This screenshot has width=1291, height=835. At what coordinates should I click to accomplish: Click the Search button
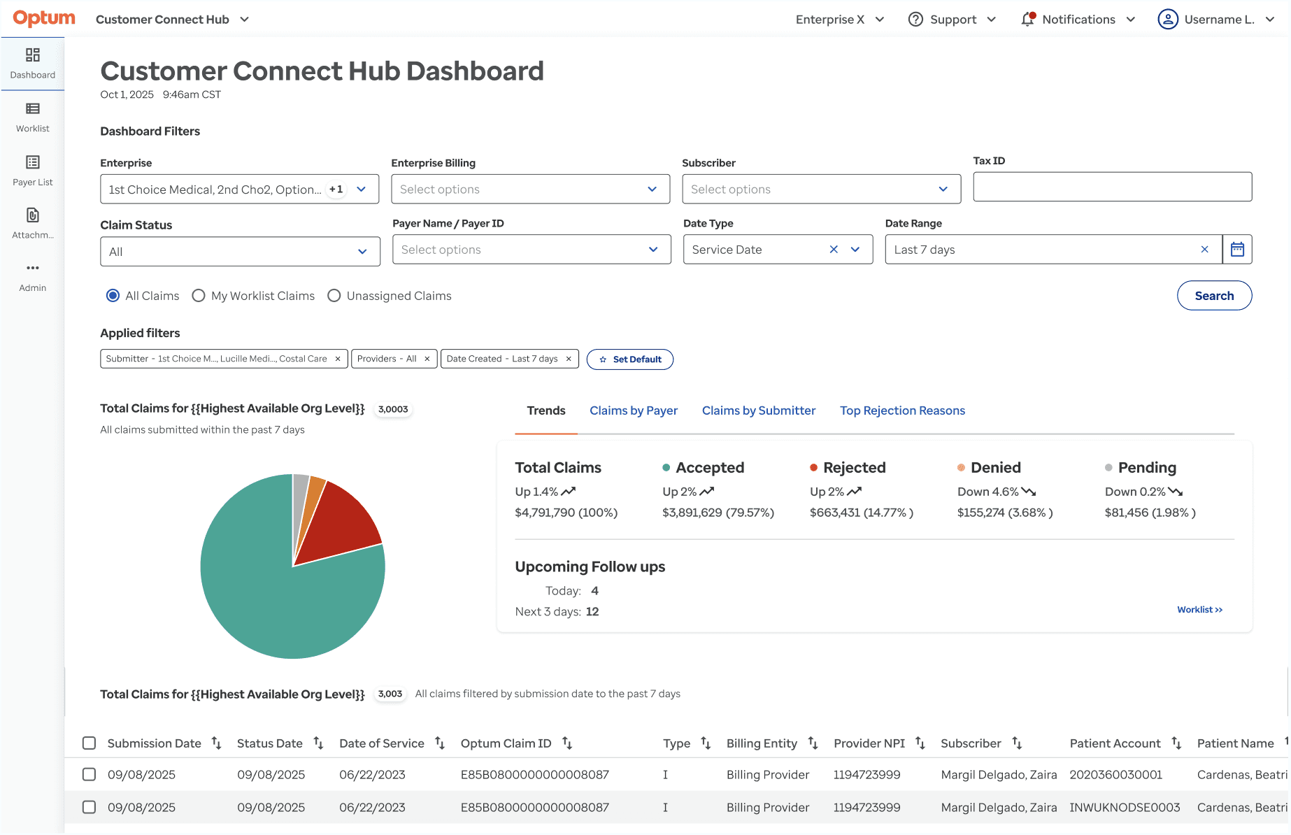coord(1214,296)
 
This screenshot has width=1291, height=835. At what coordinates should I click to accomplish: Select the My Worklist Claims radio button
coord(199,296)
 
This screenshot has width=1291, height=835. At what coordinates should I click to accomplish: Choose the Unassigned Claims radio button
coord(334,296)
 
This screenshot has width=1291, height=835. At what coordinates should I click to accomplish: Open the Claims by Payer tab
coord(634,411)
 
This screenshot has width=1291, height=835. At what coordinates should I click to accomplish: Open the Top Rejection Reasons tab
coord(902,411)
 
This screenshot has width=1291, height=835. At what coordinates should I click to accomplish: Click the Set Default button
coord(630,359)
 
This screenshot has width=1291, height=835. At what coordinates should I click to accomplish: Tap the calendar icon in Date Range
coord(1237,250)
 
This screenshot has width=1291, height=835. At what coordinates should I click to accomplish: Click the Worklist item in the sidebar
coord(33,117)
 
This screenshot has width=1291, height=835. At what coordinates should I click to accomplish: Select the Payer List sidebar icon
coord(33,162)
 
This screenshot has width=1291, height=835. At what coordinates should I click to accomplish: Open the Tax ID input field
coord(1112,187)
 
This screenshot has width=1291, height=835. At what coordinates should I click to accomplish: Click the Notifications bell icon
coord(1027,19)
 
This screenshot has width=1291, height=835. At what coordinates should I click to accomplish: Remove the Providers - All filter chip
coord(427,359)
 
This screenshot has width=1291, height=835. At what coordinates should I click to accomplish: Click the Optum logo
coord(43,18)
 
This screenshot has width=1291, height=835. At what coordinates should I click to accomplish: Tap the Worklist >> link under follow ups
coord(1199,610)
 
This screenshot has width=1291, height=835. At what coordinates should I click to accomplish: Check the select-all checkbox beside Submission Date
coord(89,743)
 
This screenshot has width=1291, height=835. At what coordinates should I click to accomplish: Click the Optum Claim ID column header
coord(506,743)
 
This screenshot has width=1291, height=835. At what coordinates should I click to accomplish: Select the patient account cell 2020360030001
coord(1115,775)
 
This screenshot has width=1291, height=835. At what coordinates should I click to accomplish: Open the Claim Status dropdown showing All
coord(240,252)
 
